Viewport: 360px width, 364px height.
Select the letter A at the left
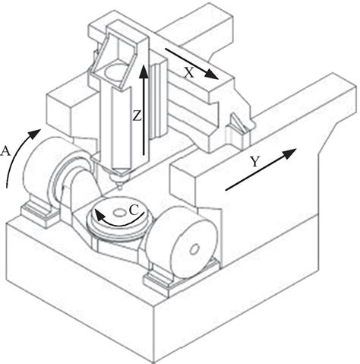point(7,151)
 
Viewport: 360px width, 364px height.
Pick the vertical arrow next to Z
point(141,114)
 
